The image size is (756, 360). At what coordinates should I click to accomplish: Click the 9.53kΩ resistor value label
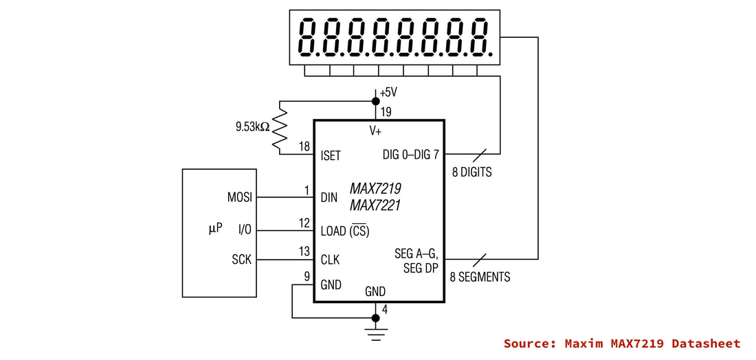coord(252,127)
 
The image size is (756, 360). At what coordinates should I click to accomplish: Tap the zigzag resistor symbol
coord(280,128)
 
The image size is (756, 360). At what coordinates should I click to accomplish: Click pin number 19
coord(386,112)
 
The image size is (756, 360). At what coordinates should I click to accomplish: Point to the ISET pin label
coord(331,156)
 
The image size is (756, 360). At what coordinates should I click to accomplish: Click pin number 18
coord(304,146)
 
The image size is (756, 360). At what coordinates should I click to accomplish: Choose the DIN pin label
coord(329,198)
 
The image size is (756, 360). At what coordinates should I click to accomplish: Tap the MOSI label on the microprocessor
coord(240,198)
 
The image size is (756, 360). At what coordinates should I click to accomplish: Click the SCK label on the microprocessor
coord(241,260)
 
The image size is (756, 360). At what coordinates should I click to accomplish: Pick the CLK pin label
coord(331,260)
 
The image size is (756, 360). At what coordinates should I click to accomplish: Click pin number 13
coord(304,251)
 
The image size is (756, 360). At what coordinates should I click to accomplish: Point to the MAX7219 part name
coord(375,188)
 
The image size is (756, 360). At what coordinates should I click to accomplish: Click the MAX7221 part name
coord(375,206)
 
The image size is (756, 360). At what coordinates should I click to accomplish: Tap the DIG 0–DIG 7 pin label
coord(411,155)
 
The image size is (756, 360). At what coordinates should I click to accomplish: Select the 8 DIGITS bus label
coord(472,172)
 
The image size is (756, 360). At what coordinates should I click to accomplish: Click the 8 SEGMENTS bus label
coord(480,277)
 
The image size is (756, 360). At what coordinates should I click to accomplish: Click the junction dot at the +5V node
coord(375,101)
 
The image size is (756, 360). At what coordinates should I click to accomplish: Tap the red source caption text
coord(622,344)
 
